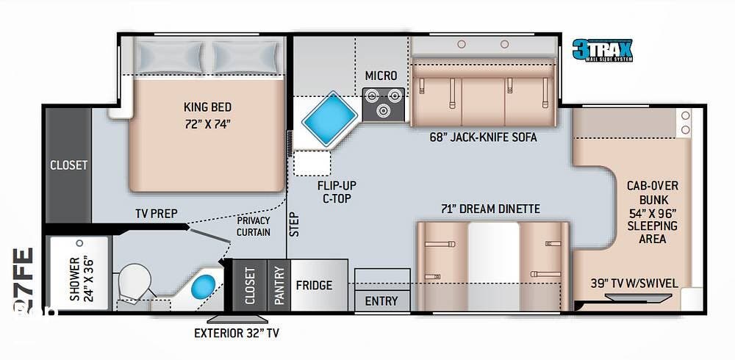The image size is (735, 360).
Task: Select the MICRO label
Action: pos(381,76)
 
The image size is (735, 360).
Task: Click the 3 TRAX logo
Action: pos(602,49)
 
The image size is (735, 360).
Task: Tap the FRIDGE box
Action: pos(314,285)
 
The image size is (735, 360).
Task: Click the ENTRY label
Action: pos(381,300)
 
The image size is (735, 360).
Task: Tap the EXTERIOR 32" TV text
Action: pos(236,333)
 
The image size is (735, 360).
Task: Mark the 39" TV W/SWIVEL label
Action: pos(634,283)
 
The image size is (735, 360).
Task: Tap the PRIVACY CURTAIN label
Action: pos(254,226)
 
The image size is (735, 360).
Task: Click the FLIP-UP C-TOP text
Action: pos(333,190)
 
